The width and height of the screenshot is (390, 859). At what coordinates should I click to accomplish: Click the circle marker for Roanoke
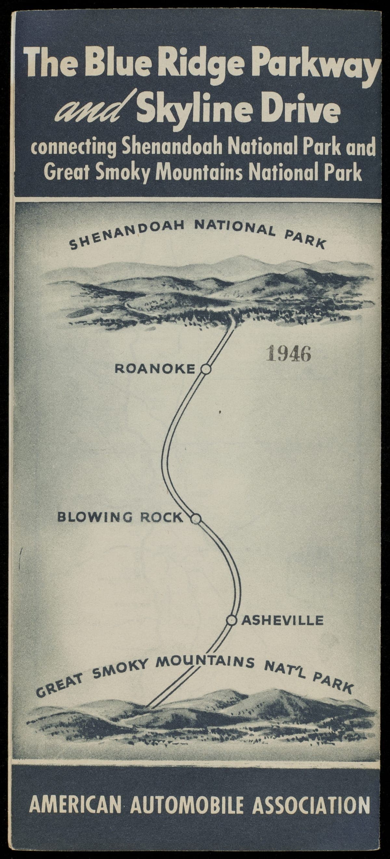[206, 369]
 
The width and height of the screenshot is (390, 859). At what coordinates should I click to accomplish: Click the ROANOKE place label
[155, 369]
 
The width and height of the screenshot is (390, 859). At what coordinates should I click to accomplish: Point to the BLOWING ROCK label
[120, 517]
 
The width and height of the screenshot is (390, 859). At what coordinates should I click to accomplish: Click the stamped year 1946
[289, 354]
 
